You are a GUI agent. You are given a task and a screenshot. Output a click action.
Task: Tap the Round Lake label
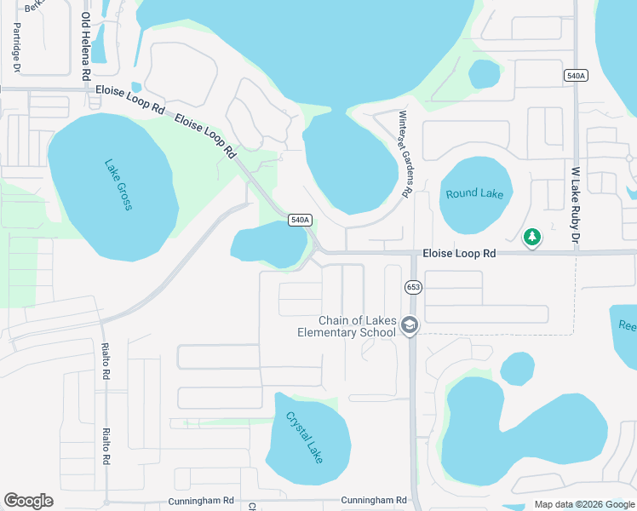(x=474, y=194)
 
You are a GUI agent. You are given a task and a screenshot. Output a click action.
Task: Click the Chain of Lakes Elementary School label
(x=346, y=326)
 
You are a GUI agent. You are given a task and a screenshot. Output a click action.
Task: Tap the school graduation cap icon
(x=410, y=325)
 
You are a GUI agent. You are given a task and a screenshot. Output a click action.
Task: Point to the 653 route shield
(x=413, y=287)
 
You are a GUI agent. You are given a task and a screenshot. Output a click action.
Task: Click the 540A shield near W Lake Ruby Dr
(x=576, y=76)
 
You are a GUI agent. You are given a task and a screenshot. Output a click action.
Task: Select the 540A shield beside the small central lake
(x=300, y=220)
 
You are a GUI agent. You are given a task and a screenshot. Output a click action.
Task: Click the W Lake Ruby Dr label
(x=576, y=205)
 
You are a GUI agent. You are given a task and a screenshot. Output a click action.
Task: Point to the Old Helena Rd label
(x=86, y=46)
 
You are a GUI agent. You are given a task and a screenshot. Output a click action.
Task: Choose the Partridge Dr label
(x=16, y=47)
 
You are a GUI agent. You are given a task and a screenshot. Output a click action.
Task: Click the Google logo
(x=28, y=501)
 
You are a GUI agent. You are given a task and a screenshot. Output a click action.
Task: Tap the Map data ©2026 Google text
(x=583, y=504)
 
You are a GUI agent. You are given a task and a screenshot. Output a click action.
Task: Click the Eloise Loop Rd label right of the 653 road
(x=459, y=254)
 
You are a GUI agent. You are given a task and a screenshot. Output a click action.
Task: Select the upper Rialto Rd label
(x=106, y=361)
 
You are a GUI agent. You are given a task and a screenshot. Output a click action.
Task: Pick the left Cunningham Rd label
(x=201, y=501)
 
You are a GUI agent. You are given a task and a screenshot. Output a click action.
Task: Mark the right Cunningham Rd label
(x=373, y=501)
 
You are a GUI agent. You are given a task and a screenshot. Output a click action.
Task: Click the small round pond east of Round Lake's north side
(x=484, y=74)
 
